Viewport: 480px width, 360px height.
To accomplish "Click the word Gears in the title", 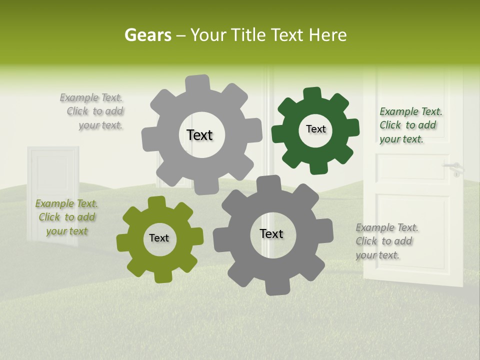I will pyautogui.click(x=147, y=35).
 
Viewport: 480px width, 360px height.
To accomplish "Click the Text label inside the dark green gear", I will pyautogui.click(x=315, y=129).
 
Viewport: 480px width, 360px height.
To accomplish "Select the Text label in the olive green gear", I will pyautogui.click(x=159, y=238).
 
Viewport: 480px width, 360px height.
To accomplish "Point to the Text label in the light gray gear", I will pyautogui.click(x=199, y=135).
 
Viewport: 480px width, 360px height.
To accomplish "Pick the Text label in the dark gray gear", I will pyautogui.click(x=271, y=233).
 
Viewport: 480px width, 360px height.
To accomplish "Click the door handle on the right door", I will pyautogui.click(x=454, y=168).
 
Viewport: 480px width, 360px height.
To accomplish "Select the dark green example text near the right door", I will pyautogui.click(x=410, y=125).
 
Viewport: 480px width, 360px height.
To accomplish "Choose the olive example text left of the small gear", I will pyautogui.click(x=66, y=217).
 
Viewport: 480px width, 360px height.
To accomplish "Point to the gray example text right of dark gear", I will pyautogui.click(x=386, y=241).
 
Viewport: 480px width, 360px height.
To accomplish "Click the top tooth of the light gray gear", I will pyautogui.click(x=197, y=83).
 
